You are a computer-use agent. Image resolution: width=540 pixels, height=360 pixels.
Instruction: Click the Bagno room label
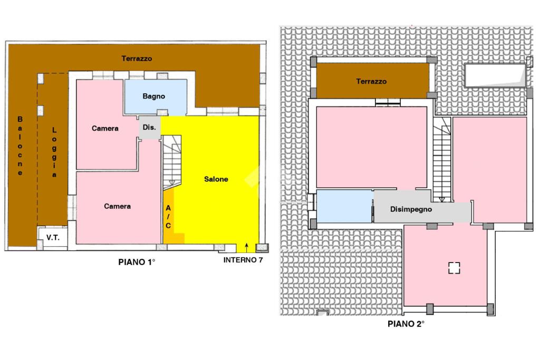click(154, 96)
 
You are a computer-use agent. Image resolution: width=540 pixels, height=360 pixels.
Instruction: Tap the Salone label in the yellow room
click(216, 179)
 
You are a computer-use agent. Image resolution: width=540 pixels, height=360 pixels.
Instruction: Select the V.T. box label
click(53, 238)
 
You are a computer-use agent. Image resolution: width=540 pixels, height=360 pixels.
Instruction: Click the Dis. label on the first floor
click(149, 128)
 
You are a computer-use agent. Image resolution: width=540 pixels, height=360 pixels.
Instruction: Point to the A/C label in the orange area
click(168, 217)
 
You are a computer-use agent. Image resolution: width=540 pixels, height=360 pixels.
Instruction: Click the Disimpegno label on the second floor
click(411, 209)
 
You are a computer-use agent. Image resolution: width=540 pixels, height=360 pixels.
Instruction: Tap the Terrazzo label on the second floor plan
click(371, 82)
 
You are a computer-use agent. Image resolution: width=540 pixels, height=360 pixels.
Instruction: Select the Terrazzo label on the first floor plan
click(137, 59)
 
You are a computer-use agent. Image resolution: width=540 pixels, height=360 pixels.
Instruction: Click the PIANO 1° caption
click(137, 261)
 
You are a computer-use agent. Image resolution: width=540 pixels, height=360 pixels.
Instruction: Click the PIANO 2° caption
click(406, 324)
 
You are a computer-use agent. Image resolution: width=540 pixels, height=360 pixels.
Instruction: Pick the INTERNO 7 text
click(243, 260)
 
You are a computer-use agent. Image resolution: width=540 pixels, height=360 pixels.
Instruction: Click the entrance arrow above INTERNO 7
click(246, 247)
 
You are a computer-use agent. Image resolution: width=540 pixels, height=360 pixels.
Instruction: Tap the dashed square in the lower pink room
click(454, 268)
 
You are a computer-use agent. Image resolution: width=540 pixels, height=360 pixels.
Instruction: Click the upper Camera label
click(105, 129)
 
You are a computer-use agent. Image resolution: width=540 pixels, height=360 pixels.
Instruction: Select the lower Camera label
click(117, 206)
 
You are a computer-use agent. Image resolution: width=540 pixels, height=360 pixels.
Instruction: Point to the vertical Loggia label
click(54, 153)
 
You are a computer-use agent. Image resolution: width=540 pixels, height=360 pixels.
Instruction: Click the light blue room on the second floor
click(345, 206)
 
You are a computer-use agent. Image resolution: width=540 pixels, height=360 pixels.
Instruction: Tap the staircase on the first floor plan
click(171, 161)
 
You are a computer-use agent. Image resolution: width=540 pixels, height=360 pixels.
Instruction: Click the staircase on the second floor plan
click(442, 158)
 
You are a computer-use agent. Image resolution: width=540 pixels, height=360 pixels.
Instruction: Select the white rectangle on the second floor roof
click(494, 76)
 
